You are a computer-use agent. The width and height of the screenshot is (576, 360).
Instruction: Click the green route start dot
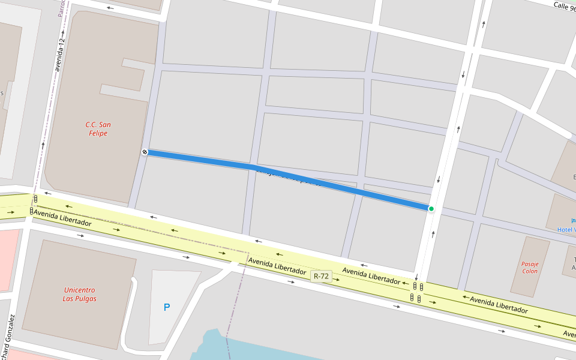431,209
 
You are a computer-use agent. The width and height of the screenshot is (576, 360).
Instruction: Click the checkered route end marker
145,152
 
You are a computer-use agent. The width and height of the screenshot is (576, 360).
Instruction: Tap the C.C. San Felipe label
97,129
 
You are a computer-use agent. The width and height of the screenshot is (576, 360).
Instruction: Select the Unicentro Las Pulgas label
80,294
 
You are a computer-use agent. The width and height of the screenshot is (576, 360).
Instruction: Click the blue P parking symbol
167,307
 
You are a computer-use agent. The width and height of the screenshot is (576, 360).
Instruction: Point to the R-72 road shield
321,277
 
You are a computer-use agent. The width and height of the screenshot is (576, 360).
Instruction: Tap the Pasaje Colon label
530,267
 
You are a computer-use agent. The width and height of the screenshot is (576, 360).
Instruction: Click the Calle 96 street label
564,6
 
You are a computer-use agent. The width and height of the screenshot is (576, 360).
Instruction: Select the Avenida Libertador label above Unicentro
62,218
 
